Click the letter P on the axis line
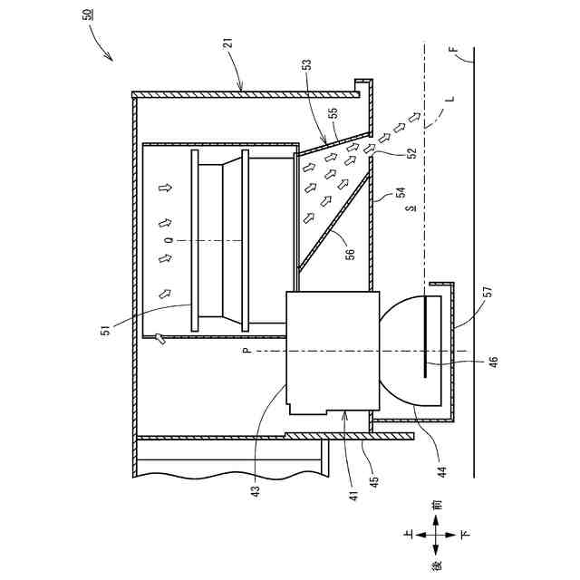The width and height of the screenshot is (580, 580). pyautogui.click(x=246, y=350)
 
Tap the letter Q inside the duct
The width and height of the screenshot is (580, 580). pyautogui.click(x=169, y=240)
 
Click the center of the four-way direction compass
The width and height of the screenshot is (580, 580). pyautogui.click(x=437, y=534)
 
